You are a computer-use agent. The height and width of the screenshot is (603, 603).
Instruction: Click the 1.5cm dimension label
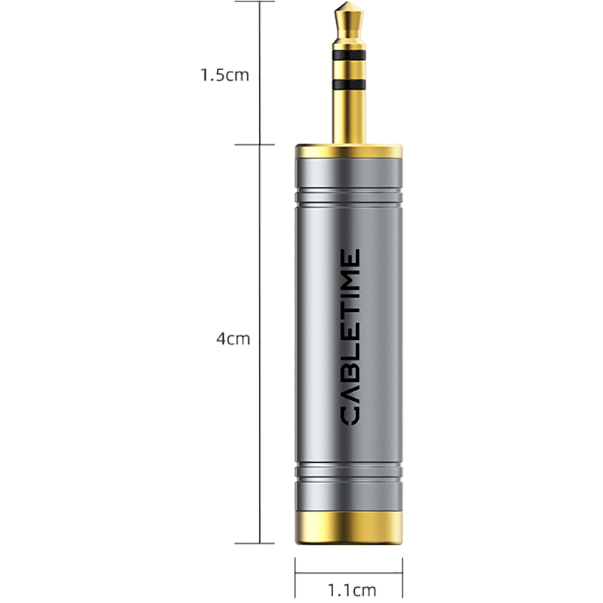[224, 75]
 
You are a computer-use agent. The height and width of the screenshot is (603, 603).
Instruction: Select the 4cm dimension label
[233, 339]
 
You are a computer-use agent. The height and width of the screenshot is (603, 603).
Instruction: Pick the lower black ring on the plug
[348, 81]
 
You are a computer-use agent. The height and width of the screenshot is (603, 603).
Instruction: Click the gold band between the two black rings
[348, 68]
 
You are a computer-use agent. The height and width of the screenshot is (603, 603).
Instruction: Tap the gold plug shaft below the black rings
[348, 113]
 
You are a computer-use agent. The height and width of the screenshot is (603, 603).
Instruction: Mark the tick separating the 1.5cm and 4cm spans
[261, 144]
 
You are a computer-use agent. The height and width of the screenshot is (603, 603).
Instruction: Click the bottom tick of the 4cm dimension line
[261, 543]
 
